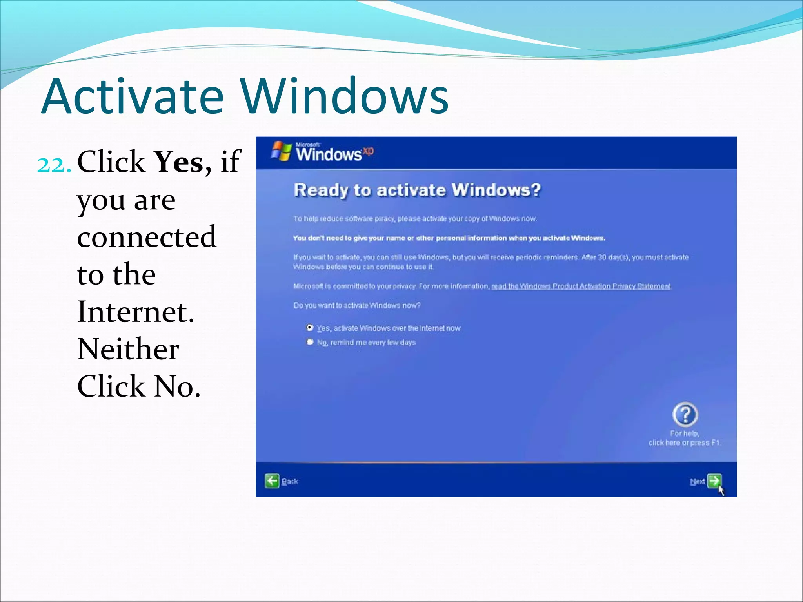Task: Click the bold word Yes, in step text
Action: (182, 162)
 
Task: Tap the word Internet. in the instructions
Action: (136, 312)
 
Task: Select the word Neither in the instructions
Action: (128, 349)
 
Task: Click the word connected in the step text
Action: (146, 237)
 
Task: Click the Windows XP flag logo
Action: (281, 151)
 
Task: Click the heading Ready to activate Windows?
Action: (417, 190)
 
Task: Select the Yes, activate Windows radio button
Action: (310, 327)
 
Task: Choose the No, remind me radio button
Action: (310, 342)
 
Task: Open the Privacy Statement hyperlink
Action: (581, 286)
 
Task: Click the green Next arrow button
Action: (714, 481)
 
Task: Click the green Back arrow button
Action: (272, 481)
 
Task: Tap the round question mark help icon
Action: (685, 414)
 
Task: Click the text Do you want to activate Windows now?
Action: (357, 305)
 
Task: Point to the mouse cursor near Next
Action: (721, 490)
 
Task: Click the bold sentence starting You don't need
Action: (449, 238)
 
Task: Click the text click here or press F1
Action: (684, 443)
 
